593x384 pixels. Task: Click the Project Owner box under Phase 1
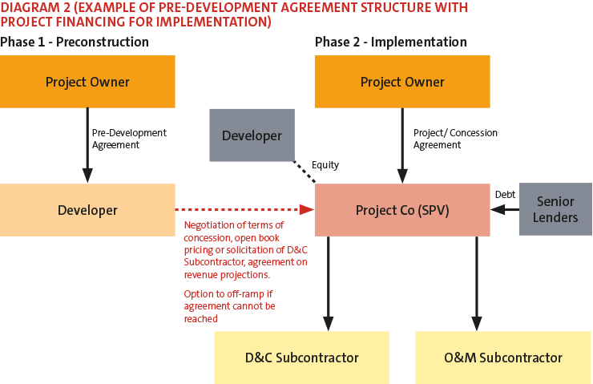click(87, 82)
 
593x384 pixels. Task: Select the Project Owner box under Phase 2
click(402, 82)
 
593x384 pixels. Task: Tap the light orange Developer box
click(87, 210)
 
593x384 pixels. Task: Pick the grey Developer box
click(252, 135)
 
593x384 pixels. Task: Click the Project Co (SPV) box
click(402, 210)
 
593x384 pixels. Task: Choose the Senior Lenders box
click(555, 209)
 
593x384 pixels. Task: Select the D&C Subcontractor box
click(301, 358)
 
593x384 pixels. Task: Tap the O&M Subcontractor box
click(503, 358)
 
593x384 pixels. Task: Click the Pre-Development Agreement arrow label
click(129, 139)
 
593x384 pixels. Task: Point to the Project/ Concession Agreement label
click(455, 139)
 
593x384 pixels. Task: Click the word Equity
click(325, 165)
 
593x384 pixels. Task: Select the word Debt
click(505, 194)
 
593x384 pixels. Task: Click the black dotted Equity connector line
click(305, 170)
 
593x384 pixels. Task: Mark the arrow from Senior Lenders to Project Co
click(505, 210)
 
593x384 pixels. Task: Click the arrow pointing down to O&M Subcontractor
click(477, 281)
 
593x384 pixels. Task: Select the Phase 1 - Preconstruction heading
click(75, 42)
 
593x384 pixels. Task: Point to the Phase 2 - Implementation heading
click(390, 42)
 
